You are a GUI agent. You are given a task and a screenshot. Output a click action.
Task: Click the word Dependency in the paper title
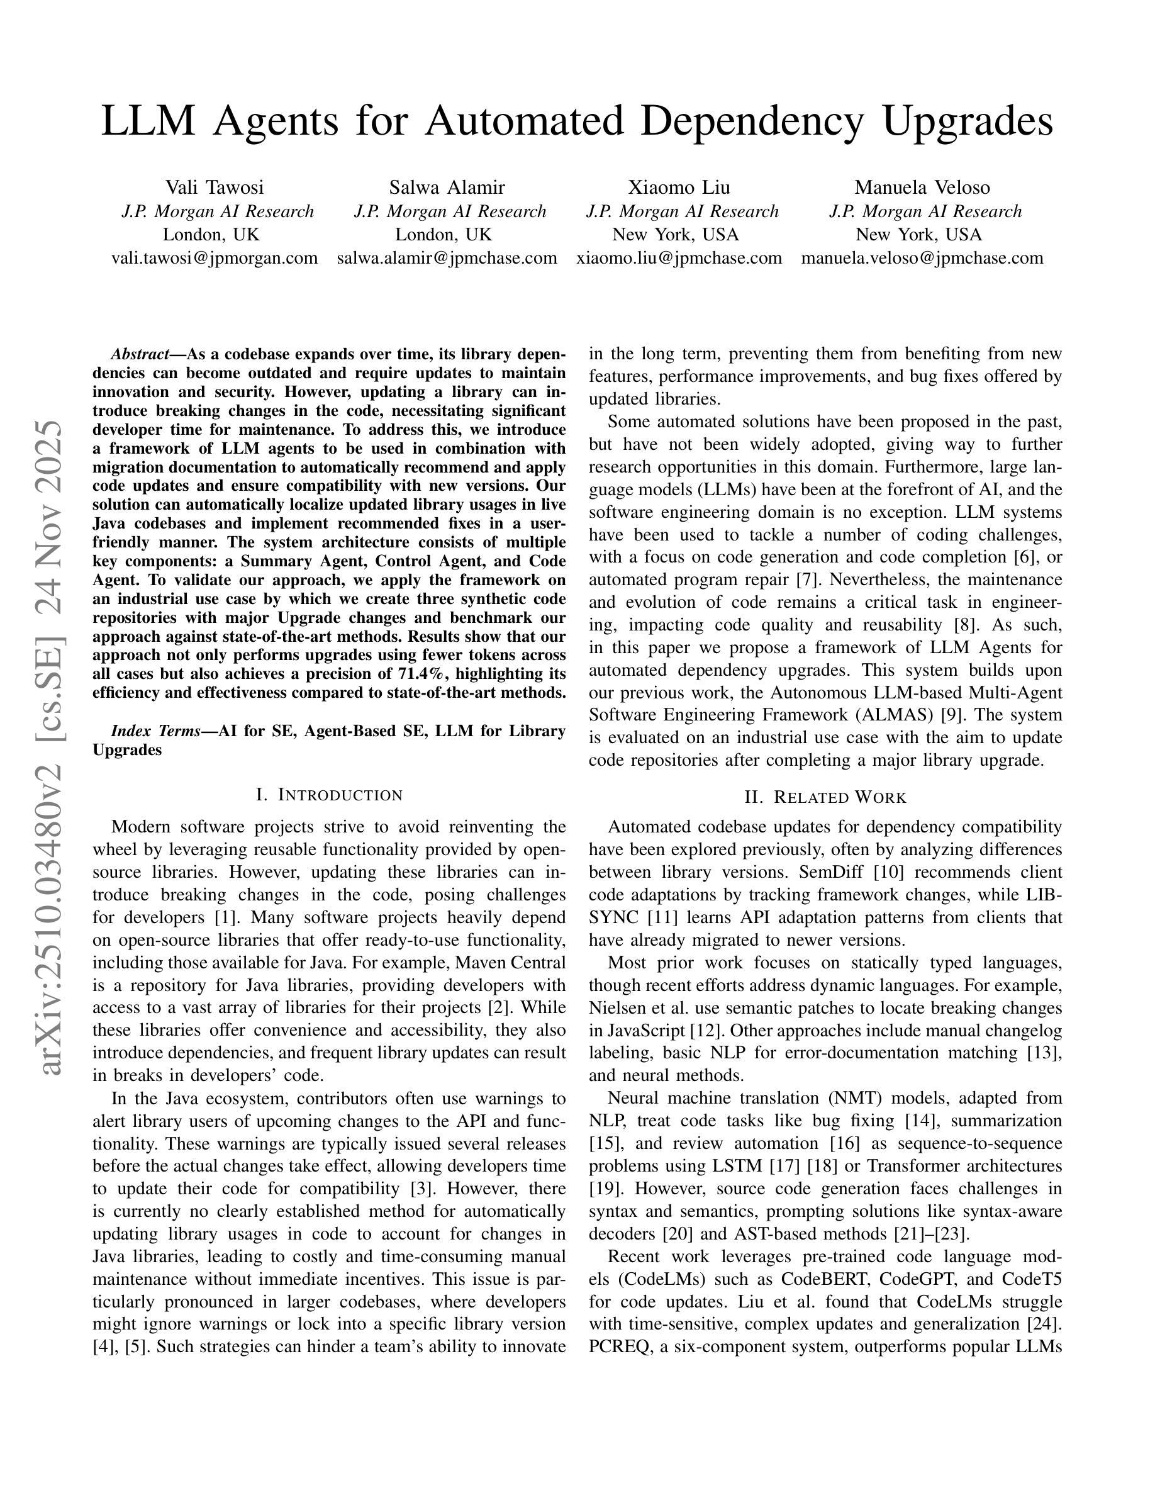click(x=752, y=121)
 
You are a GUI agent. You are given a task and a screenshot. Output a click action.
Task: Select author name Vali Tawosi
click(x=214, y=187)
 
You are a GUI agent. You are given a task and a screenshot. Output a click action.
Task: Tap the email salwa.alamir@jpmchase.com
click(x=447, y=258)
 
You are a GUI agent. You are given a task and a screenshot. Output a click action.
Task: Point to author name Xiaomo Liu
click(x=679, y=187)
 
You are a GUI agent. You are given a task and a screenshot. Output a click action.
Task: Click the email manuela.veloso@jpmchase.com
click(x=922, y=258)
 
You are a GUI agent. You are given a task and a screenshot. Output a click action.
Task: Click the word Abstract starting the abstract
click(x=140, y=355)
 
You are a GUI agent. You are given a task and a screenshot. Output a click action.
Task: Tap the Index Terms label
click(x=155, y=731)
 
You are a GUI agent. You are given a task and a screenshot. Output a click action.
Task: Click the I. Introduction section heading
click(x=329, y=795)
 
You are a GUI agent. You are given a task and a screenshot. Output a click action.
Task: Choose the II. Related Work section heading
click(x=825, y=797)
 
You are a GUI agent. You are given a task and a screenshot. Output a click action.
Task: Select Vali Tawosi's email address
click(x=214, y=258)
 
